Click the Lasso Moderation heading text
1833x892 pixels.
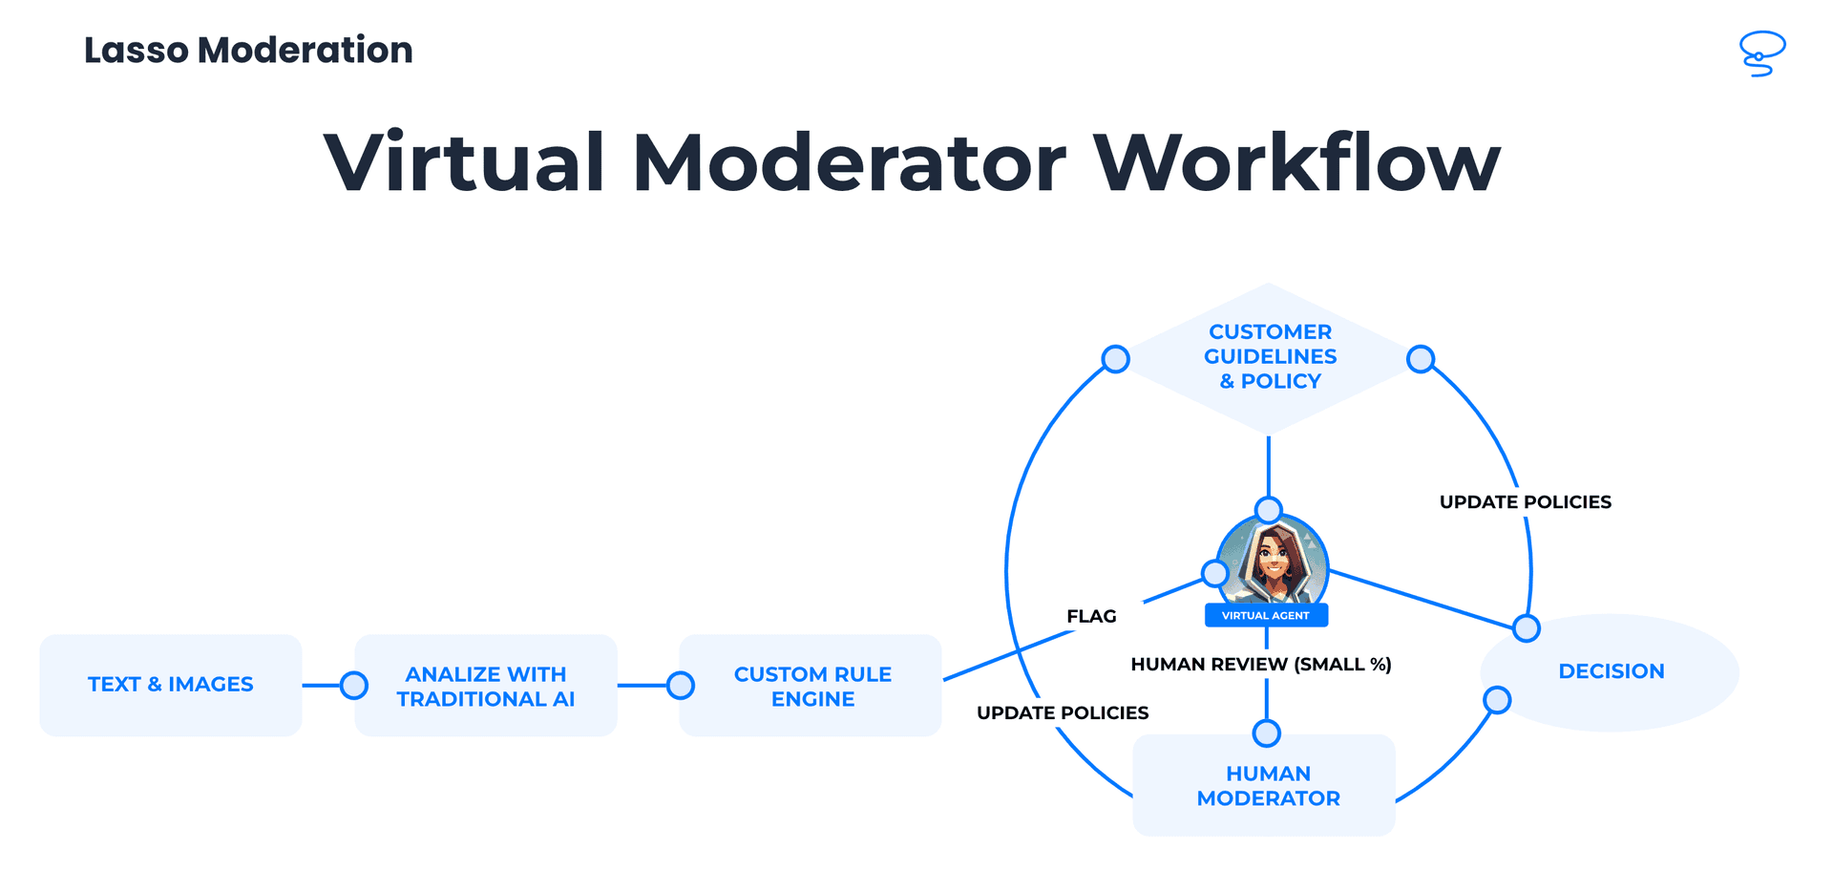(x=248, y=51)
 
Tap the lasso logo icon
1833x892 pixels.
(x=1761, y=53)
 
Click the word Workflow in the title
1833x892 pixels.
(x=1296, y=162)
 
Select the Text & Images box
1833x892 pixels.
(x=171, y=685)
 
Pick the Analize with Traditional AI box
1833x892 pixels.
(x=486, y=686)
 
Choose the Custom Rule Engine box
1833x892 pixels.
(x=812, y=686)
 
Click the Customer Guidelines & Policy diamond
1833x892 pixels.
(x=1270, y=357)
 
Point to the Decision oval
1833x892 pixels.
(x=1611, y=671)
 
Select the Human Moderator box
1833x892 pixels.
(x=1268, y=786)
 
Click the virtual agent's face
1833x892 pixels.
(x=1274, y=559)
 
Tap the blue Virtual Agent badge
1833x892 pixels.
(x=1266, y=616)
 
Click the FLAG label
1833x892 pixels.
(x=1091, y=617)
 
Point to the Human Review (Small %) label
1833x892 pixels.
(x=1260, y=665)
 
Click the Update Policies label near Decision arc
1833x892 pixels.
(x=1525, y=502)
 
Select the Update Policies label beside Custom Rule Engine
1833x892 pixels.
(x=1063, y=713)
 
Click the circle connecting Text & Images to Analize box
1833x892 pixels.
(x=354, y=685)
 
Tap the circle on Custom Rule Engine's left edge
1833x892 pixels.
(x=681, y=685)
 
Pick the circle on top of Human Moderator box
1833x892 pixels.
(x=1267, y=733)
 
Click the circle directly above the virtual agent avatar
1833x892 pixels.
(x=1269, y=509)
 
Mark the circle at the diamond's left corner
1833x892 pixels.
(x=1116, y=359)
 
